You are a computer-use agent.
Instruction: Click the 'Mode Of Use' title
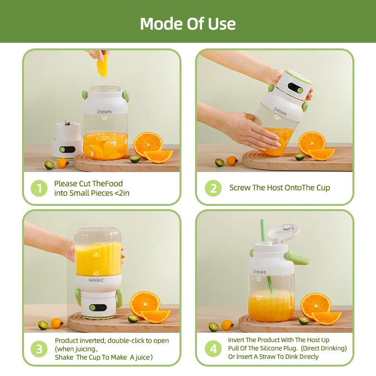pos(188,23)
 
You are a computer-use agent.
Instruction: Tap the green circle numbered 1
pos(39,188)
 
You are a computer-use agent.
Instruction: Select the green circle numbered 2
pos(213,188)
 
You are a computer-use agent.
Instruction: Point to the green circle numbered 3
pos(39,349)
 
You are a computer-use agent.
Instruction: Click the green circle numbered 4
pos(213,349)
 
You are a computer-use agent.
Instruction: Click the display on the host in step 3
pos(98,307)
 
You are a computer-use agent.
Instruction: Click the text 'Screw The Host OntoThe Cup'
pos(280,188)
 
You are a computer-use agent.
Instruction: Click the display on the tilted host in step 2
pos(296,88)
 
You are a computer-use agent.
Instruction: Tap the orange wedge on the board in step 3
pos(156,316)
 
